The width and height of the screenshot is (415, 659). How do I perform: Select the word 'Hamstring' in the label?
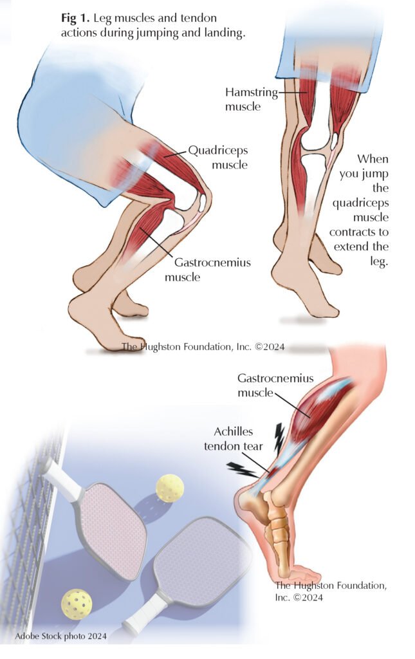click(252, 93)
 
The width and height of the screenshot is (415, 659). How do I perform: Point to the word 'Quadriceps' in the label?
click(216, 152)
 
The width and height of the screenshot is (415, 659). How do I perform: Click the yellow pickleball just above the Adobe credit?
click(77, 604)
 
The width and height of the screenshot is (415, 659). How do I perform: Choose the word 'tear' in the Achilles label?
click(254, 446)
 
